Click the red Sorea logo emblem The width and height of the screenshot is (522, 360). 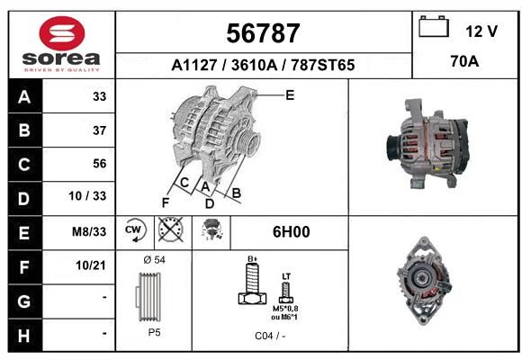pos(62,33)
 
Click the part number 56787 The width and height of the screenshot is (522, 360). pos(263,33)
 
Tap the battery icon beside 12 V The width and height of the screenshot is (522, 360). pos(434,26)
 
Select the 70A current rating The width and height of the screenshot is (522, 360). pos(464,61)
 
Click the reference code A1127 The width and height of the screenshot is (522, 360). pos(194,65)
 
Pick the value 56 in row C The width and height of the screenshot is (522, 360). pos(100,164)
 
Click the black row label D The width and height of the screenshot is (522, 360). pos(24,199)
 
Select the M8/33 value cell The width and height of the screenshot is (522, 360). pos(89,231)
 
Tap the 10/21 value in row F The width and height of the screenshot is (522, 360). pos(91,265)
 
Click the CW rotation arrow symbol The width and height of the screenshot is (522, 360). pos(134,230)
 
